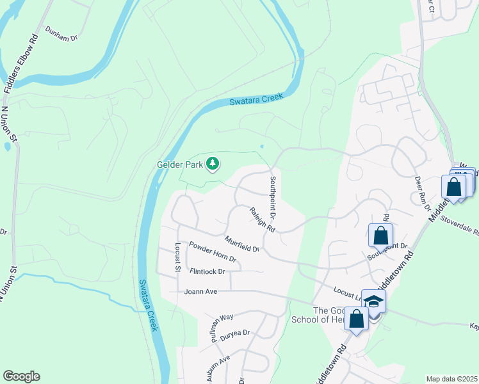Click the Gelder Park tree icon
click(213, 164)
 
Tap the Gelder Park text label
click(180, 164)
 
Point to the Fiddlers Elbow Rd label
click(21, 64)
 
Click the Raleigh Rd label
click(262, 220)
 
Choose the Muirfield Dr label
click(242, 244)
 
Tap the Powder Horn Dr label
click(213, 252)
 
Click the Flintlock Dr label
click(208, 271)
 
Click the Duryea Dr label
click(234, 333)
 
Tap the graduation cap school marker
click(374, 303)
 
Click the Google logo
click(21, 376)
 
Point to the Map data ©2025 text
click(451, 379)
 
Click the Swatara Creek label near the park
click(256, 100)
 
